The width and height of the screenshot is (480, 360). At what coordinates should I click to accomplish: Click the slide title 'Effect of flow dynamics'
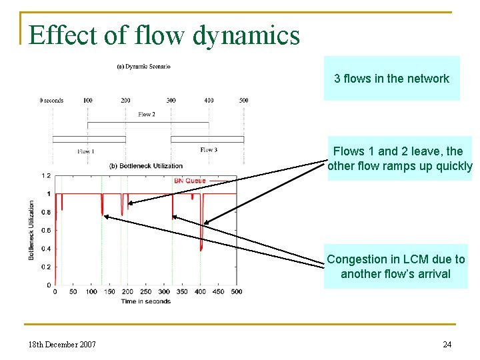click(x=164, y=35)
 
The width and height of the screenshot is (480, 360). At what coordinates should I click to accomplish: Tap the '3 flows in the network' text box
click(x=391, y=79)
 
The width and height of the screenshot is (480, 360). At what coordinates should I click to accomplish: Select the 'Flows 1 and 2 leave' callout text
click(x=399, y=159)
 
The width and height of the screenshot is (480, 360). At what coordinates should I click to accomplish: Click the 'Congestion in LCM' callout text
click(x=395, y=267)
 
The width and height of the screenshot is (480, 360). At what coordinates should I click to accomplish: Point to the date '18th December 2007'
click(x=62, y=344)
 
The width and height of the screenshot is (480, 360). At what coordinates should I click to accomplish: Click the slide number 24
click(x=447, y=344)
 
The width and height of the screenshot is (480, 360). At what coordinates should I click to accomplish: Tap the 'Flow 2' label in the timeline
click(x=147, y=115)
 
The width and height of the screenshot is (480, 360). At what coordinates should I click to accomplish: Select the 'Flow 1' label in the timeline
click(x=85, y=151)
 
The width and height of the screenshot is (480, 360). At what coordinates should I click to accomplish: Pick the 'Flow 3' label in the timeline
click(x=209, y=150)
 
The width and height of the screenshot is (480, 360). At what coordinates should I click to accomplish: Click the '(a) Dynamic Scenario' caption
click(x=143, y=66)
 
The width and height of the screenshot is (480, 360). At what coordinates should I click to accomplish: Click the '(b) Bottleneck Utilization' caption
click(x=145, y=165)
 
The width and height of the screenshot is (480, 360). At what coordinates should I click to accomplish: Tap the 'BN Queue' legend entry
click(x=190, y=181)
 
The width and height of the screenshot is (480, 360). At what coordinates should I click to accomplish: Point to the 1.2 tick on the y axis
click(x=46, y=176)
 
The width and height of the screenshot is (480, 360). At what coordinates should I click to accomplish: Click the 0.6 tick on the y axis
click(x=46, y=231)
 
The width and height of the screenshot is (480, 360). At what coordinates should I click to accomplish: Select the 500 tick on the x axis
click(x=236, y=292)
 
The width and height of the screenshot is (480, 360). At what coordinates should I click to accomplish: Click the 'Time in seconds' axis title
click(x=145, y=301)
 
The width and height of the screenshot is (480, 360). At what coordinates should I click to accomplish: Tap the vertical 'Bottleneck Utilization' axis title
click(x=31, y=230)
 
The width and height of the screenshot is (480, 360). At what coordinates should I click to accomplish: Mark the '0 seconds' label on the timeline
click(x=51, y=101)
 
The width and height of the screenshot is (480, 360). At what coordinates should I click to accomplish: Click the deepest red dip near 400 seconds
click(x=201, y=249)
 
